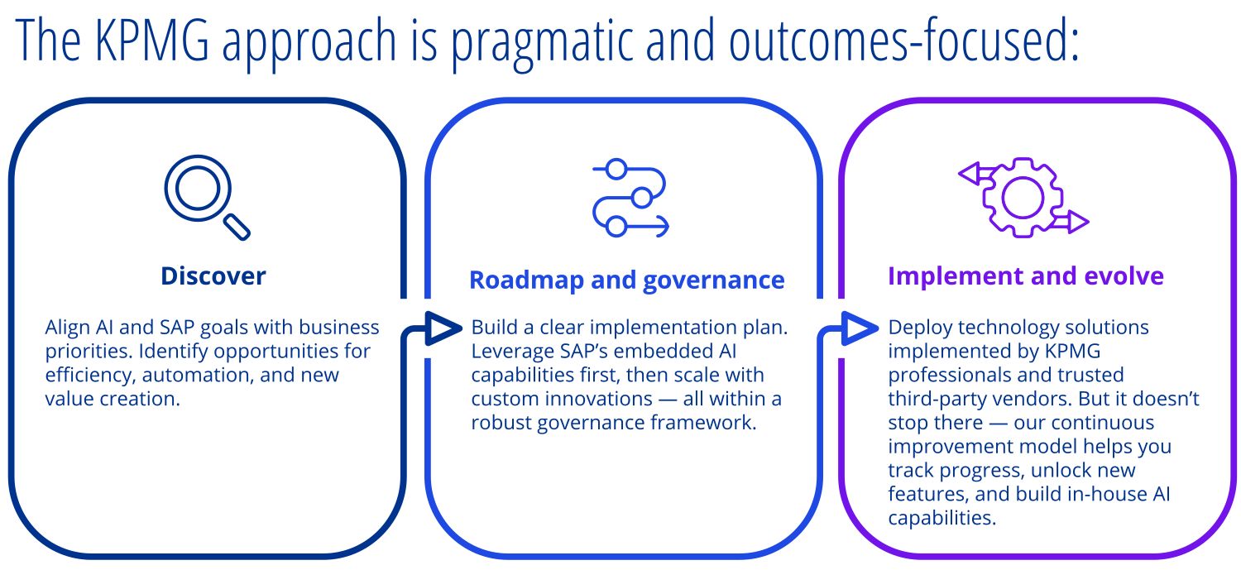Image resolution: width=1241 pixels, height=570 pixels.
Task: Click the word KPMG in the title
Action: (x=152, y=40)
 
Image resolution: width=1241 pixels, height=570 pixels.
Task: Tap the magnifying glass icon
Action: (x=207, y=197)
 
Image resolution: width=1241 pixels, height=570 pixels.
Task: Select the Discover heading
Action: (x=213, y=275)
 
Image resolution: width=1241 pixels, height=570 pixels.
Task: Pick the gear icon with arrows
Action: (x=1023, y=198)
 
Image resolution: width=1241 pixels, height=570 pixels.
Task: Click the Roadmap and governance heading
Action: (x=627, y=280)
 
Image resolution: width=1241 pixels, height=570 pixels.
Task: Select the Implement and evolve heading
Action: (x=1026, y=275)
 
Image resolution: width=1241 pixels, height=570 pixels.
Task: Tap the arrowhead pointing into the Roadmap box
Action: (x=443, y=328)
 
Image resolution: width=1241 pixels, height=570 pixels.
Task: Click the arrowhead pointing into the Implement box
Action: (x=860, y=328)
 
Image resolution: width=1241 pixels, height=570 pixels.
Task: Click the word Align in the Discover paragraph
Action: (x=68, y=328)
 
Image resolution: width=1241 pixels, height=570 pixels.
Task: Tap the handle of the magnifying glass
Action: (x=237, y=227)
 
